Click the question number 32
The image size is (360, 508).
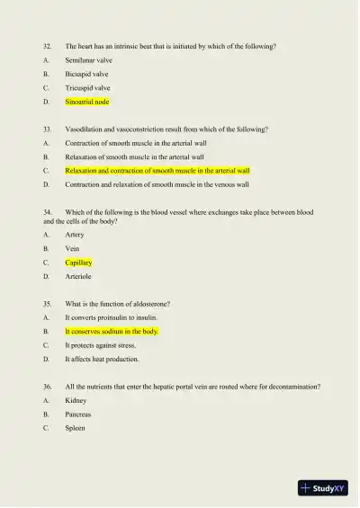point(47,46)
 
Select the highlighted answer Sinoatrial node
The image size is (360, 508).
point(86,102)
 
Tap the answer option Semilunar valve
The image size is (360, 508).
point(88,60)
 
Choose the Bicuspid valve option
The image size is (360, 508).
point(86,74)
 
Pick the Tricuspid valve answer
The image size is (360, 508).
point(87,88)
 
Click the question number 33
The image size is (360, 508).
point(47,129)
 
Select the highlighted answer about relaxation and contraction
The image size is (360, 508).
point(157,170)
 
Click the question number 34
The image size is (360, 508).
point(48,212)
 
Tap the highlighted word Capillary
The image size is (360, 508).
point(78,263)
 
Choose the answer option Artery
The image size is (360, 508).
point(75,235)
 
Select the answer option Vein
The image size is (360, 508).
point(72,248)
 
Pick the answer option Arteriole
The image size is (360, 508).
point(78,277)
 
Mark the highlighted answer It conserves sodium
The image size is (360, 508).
point(112,331)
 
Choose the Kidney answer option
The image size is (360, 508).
point(76,400)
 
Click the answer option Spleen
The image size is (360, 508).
point(75,428)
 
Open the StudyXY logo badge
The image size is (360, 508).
point(323,488)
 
